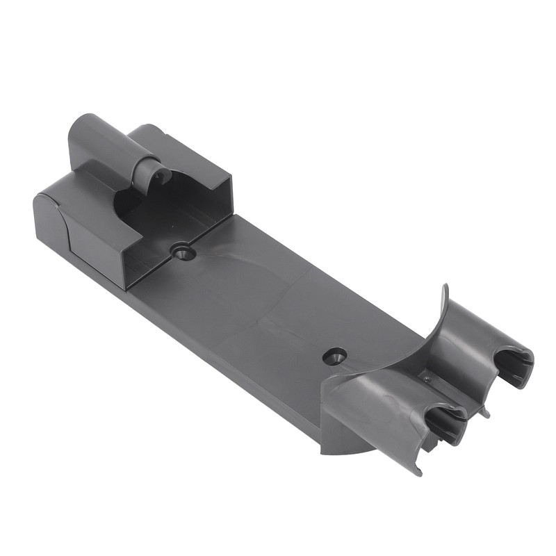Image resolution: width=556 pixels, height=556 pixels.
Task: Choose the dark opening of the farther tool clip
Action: [x=514, y=366]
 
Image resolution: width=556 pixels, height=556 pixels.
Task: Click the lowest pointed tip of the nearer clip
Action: [x=419, y=472]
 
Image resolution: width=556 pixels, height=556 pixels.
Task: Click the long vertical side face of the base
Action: [x=208, y=347]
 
